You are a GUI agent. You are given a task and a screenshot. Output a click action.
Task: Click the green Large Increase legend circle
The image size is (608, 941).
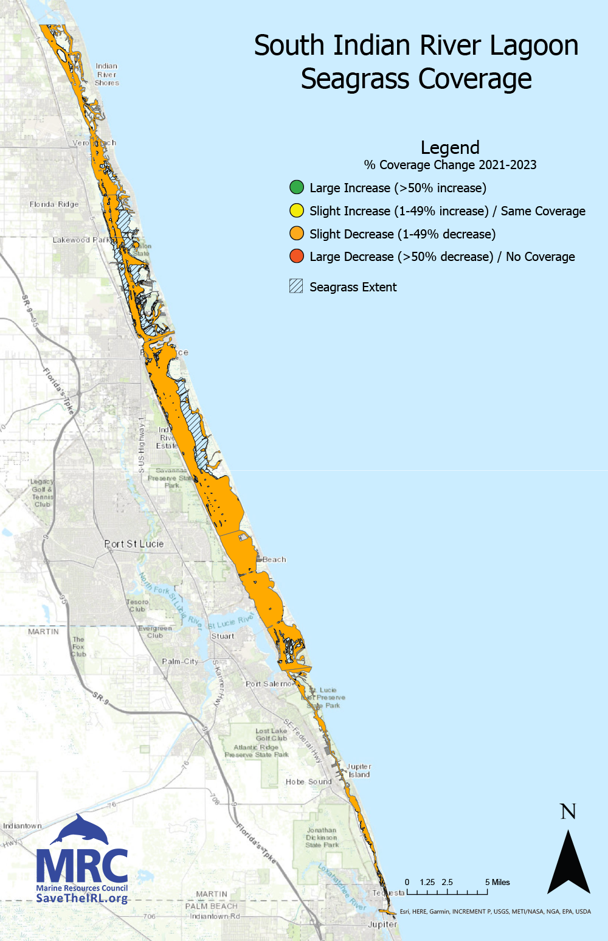pos(296,187)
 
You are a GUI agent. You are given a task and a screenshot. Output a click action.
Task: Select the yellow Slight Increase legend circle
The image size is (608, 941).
pos(296,210)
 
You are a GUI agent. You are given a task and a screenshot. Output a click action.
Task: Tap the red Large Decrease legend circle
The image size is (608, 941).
pos(296,256)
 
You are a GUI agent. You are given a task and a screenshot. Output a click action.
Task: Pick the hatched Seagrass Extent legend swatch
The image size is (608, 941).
pos(296,286)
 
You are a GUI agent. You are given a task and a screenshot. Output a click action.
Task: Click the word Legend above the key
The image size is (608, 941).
pos(450,148)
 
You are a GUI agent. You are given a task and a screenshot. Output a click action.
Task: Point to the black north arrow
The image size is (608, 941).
pos(568,864)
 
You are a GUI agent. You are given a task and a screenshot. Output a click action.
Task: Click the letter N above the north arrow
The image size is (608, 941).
pos(568,811)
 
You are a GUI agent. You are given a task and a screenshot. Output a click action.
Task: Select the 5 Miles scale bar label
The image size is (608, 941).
pos(497,882)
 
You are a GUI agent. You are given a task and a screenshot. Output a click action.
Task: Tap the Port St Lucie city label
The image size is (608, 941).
pos(134,544)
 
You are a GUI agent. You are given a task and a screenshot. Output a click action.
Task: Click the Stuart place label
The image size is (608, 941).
pos(223,636)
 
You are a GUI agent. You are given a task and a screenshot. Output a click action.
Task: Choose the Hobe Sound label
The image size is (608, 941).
pos(309,782)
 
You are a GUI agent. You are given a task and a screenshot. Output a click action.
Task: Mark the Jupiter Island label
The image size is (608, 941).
pos(359,771)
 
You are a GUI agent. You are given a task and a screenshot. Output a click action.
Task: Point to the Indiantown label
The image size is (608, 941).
pos(22,825)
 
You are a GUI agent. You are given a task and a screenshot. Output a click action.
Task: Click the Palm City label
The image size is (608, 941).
pos(180,661)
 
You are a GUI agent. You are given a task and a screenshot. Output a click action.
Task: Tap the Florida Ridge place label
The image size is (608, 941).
pos(54,204)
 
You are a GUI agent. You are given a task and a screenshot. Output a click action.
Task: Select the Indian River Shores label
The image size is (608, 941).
pos(106,74)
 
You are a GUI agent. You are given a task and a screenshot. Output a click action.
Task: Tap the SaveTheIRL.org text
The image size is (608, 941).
pos(82,898)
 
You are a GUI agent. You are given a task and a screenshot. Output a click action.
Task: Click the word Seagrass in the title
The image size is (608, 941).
pos(356,79)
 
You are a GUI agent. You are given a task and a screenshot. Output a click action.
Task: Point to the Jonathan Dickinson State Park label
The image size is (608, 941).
pos(322,838)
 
